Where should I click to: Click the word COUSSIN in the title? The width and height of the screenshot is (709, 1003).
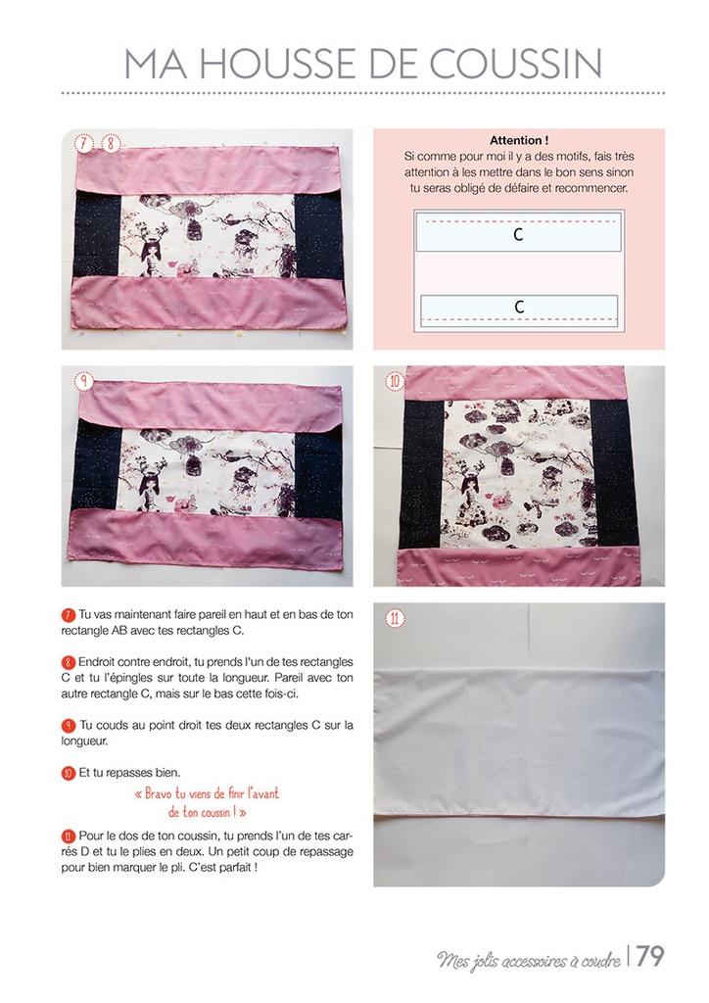[515, 64]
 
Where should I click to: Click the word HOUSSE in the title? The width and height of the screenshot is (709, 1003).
[270, 64]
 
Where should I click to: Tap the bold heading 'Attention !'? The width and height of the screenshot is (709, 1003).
[518, 140]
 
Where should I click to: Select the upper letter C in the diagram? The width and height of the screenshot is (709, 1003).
[518, 234]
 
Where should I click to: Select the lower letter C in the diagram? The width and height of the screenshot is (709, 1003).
[519, 307]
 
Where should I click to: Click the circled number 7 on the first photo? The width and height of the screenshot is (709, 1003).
[84, 143]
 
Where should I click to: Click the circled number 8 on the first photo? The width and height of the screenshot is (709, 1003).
[111, 143]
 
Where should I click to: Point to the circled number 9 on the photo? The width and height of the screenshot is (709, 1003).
[84, 381]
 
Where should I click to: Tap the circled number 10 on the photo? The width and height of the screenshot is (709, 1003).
[395, 382]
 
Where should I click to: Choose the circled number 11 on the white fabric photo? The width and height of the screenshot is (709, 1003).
[395, 619]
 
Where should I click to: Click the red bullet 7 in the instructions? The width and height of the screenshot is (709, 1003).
[69, 615]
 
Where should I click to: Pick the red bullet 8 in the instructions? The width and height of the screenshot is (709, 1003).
[69, 662]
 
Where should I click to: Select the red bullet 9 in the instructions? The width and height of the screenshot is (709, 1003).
[69, 726]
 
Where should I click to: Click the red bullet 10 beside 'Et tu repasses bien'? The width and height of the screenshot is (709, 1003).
[69, 773]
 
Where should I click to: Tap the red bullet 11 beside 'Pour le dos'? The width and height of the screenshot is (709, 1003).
[69, 836]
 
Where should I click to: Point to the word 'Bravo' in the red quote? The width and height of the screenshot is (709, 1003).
[159, 793]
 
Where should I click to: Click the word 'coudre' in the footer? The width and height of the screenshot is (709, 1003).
[601, 961]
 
